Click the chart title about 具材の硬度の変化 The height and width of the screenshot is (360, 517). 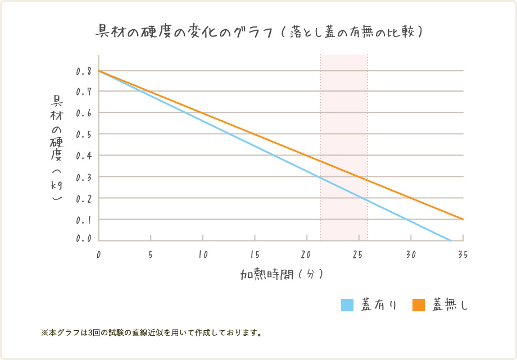pyautogui.click(x=259, y=31)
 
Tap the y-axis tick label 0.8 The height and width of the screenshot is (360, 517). pyautogui.click(x=84, y=71)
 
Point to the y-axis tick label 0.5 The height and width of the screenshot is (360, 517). pyautogui.click(x=84, y=134)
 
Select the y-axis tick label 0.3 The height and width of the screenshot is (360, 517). pyautogui.click(x=84, y=177)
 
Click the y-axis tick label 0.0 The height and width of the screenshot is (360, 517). pyautogui.click(x=84, y=239)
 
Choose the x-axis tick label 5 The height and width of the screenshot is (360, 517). pyautogui.click(x=151, y=254)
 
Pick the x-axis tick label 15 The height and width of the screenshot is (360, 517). pyautogui.click(x=255, y=254)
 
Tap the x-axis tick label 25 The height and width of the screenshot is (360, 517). pyautogui.click(x=359, y=254)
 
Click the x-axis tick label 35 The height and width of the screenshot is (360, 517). pyautogui.click(x=462, y=254)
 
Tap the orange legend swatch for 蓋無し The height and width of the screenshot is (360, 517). pyautogui.click(x=419, y=305)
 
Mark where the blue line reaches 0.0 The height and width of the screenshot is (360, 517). pyautogui.click(x=451, y=240)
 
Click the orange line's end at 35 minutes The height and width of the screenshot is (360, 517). pyautogui.click(x=464, y=219)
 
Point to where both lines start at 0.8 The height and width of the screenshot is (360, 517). pyautogui.click(x=99, y=71)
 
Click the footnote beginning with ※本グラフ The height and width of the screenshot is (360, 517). pyautogui.click(x=152, y=332)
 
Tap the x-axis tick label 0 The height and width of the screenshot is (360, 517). pyautogui.click(x=99, y=254)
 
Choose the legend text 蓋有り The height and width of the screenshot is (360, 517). pyautogui.click(x=379, y=305)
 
